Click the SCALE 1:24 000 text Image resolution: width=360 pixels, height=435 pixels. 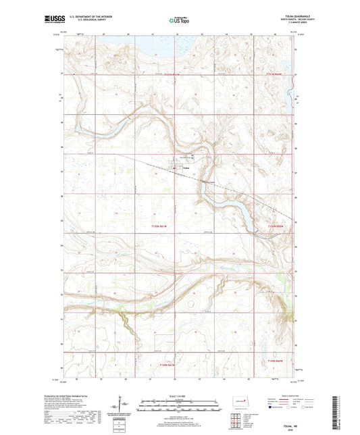tap(180, 396)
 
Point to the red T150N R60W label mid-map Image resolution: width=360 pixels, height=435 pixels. tap(278, 226)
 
